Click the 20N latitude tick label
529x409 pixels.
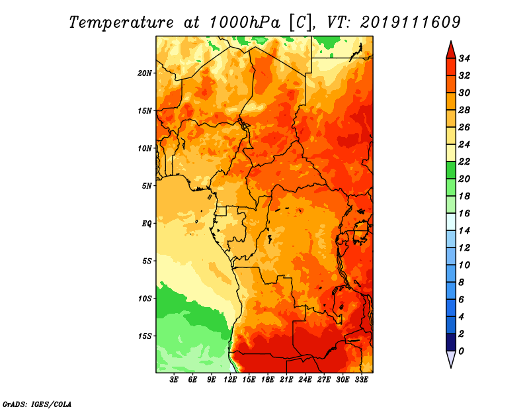click(x=144, y=73)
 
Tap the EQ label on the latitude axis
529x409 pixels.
click(x=146, y=224)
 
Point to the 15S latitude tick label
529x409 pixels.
click(x=144, y=336)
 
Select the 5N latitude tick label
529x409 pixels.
click(x=146, y=186)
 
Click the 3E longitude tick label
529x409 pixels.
click(x=174, y=380)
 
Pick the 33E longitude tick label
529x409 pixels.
click(x=361, y=380)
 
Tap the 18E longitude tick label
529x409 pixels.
click(x=268, y=380)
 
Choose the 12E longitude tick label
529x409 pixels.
click(x=230, y=380)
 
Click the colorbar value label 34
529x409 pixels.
click(x=464, y=58)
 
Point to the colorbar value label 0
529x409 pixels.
click(x=461, y=351)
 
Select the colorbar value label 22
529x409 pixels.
click(x=464, y=161)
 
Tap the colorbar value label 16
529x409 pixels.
click(x=464, y=214)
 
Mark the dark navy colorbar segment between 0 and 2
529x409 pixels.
click(x=451, y=342)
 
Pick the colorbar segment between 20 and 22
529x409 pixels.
click(x=451, y=170)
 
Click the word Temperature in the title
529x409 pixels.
click(x=122, y=23)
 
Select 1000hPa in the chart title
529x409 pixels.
click(x=245, y=23)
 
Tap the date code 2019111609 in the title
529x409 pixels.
click(x=410, y=23)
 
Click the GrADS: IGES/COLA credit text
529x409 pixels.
click(x=37, y=404)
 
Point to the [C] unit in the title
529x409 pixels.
click(x=300, y=23)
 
